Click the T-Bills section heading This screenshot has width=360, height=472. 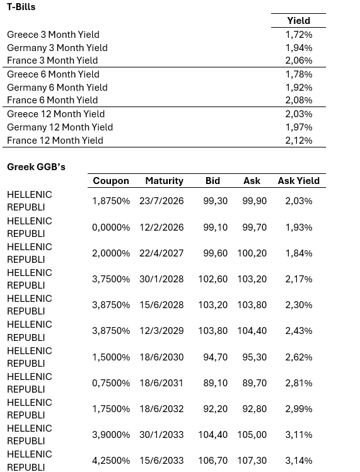pos(21,7)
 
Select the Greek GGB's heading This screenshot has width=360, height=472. pos(36,167)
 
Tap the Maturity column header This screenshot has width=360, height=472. pos(164,181)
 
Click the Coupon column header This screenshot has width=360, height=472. pos(111,181)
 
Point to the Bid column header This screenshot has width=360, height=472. pos(212,181)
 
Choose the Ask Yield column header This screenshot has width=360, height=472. pos(298,181)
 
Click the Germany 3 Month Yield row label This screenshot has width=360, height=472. pos(57,48)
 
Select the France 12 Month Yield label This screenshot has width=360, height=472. pos(55,141)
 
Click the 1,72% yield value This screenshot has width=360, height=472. pos(298,35)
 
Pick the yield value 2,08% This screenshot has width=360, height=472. pos(298,100)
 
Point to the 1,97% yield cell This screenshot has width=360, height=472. pos(298,127)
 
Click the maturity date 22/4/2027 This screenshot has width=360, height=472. pos(162,253)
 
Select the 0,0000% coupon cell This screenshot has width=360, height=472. pos(111,227)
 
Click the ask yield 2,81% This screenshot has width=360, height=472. pos(298,383)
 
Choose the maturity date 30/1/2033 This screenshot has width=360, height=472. pos(162,435)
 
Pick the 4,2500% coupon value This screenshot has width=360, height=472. pos(111,461)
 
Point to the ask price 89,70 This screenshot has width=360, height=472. pos(254,383)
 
